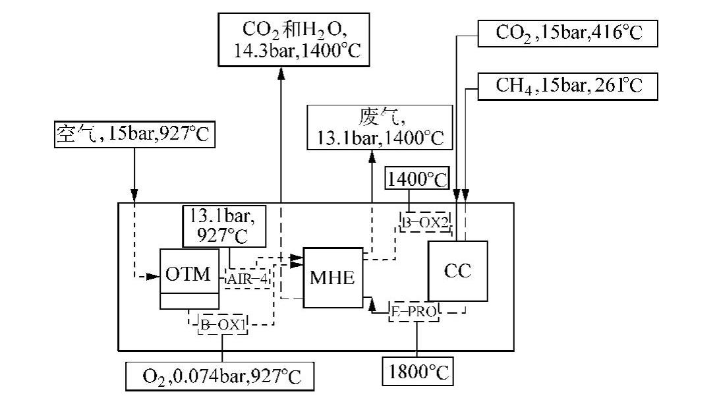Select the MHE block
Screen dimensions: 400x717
click(x=332, y=278)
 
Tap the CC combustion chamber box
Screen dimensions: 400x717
click(x=457, y=271)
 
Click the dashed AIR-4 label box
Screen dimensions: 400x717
click(x=248, y=278)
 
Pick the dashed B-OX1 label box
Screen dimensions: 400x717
click(x=222, y=324)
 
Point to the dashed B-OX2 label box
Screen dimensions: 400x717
click(x=425, y=222)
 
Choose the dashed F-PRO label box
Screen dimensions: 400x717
click(x=413, y=312)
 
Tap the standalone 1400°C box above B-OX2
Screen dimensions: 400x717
click(x=416, y=179)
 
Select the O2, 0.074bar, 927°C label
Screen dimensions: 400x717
click(x=221, y=377)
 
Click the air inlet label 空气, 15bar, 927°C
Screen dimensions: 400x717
click(x=134, y=134)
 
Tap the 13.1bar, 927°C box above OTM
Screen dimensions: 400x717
click(x=225, y=225)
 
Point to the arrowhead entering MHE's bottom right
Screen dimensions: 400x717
click(x=372, y=304)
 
